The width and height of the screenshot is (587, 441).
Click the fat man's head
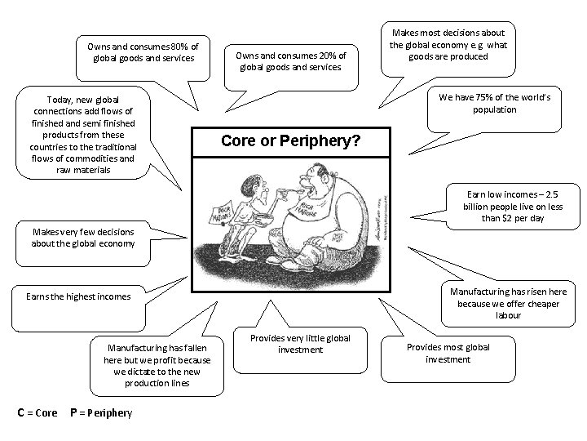coord(311,179)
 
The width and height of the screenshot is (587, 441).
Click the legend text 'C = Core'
coord(38,412)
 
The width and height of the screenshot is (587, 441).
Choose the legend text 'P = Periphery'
coord(101,412)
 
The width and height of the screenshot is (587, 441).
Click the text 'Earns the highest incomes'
coord(78,296)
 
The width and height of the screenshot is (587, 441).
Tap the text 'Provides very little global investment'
coord(300,343)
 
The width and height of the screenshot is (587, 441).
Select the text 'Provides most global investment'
coord(448,353)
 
